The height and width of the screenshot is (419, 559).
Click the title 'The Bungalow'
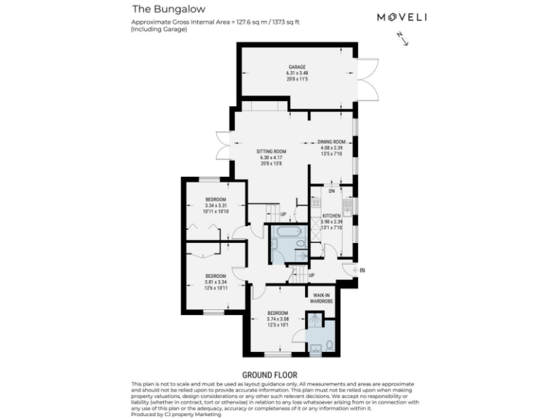pos(159,9)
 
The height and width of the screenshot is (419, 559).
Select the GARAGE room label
pos(296,67)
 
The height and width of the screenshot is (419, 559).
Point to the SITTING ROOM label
pos(271,152)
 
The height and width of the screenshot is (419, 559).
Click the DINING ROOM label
pos(331,142)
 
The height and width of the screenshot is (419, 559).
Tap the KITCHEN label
pos(332,217)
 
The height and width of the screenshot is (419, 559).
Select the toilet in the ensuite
pos(328,343)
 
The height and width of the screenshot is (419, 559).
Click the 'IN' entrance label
pos(362,270)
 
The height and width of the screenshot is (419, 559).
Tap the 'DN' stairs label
pos(331,191)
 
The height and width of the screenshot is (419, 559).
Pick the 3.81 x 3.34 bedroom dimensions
pos(215,282)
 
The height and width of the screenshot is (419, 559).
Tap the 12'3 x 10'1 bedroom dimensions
pos(278,324)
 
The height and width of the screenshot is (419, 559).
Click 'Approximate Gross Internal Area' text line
pos(215,23)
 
